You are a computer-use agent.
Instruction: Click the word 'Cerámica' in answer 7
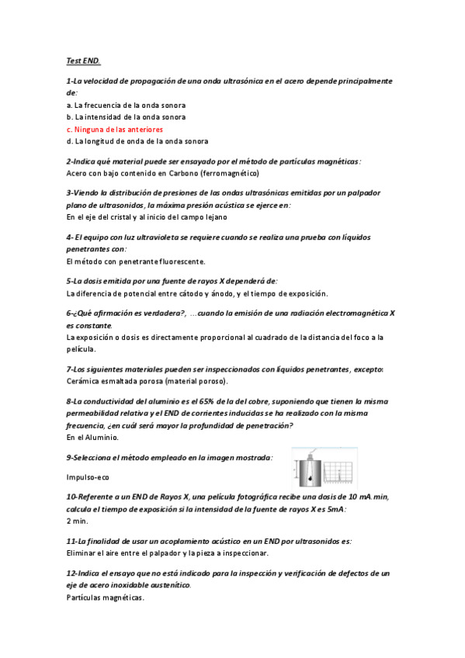pyautogui.click(x=82, y=381)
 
